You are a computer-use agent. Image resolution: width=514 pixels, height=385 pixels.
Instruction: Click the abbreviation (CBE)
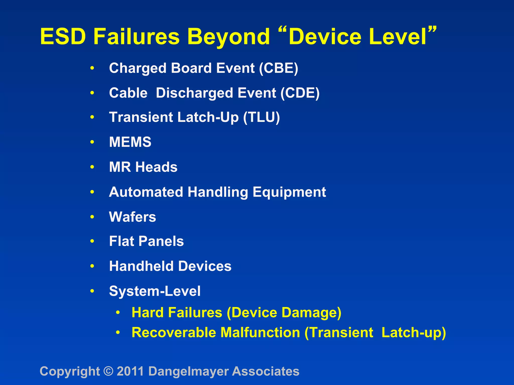(279, 68)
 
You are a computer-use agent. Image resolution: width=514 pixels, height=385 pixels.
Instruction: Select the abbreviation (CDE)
(300, 93)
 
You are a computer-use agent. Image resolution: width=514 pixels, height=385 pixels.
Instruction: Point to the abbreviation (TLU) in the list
(261, 117)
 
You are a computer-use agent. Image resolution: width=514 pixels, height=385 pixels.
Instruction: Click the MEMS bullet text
(130, 142)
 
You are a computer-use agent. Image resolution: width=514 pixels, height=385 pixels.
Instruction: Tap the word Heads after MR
(156, 167)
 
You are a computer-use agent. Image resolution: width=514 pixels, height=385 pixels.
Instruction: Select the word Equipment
(289, 192)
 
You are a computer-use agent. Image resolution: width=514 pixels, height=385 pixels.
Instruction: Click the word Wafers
(132, 217)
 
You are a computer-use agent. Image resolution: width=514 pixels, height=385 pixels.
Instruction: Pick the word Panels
(161, 241)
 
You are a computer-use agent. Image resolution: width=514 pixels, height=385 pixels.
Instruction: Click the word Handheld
(141, 266)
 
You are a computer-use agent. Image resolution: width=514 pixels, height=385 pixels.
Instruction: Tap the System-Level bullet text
(155, 291)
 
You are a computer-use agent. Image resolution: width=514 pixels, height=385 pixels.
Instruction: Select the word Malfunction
(260, 333)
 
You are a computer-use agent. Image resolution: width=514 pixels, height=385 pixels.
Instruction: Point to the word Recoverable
(174, 333)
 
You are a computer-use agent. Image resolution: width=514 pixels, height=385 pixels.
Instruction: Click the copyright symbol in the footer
(108, 371)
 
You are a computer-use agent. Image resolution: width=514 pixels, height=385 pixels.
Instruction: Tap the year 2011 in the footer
(130, 371)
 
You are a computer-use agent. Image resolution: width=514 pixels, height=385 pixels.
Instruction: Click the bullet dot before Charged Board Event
(92, 68)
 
